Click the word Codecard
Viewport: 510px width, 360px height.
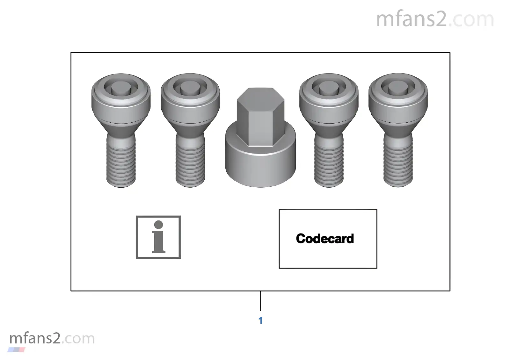coord(325,239)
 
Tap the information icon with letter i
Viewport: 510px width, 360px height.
coord(158,237)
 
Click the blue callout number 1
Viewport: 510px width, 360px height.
coord(260,320)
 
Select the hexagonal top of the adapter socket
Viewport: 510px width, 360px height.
coord(260,116)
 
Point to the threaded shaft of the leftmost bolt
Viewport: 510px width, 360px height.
coord(121,162)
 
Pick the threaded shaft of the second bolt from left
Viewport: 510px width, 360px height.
coord(190,162)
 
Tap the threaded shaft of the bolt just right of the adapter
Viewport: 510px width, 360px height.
coord(329,162)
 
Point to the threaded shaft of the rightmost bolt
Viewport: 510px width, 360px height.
coord(398,162)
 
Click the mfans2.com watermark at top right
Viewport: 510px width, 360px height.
coord(435,19)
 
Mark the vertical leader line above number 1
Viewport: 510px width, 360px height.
coord(260,301)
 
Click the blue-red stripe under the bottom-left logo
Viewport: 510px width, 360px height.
coord(16,349)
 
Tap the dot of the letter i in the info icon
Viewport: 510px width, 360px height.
coord(158,225)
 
